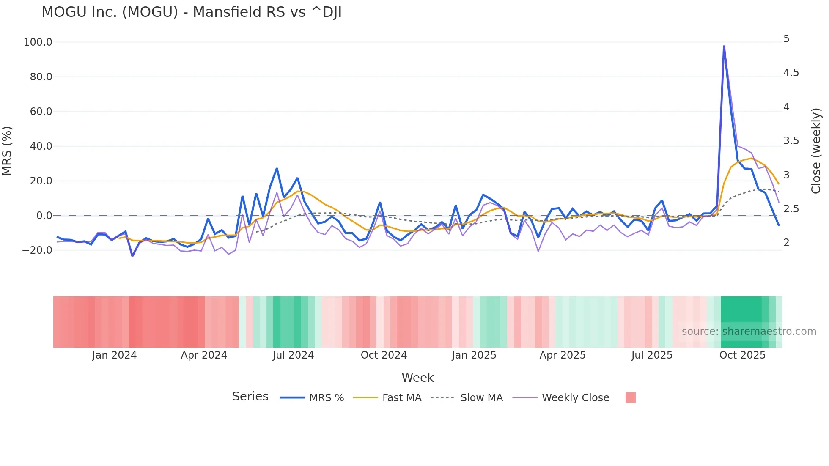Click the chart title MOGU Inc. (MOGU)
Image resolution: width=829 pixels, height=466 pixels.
[191, 12]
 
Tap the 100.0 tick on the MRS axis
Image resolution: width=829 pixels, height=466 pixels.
[38, 42]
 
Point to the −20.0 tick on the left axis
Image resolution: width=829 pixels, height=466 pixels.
[37, 250]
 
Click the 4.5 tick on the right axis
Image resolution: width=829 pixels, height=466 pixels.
[791, 73]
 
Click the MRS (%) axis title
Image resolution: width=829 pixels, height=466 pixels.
[7, 151]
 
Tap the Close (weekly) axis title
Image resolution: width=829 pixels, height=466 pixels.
[816, 151]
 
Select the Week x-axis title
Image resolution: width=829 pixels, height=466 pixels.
[417, 378]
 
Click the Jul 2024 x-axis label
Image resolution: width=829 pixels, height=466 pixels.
[293, 355]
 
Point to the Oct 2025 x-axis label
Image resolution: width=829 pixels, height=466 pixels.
[742, 355]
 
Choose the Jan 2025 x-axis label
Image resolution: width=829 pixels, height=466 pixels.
[474, 355]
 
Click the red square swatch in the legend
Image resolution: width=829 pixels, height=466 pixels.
[630, 397]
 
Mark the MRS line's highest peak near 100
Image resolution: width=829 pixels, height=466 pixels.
[724, 46]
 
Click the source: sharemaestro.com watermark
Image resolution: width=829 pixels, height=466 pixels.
[749, 332]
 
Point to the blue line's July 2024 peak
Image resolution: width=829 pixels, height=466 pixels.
[277, 168]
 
